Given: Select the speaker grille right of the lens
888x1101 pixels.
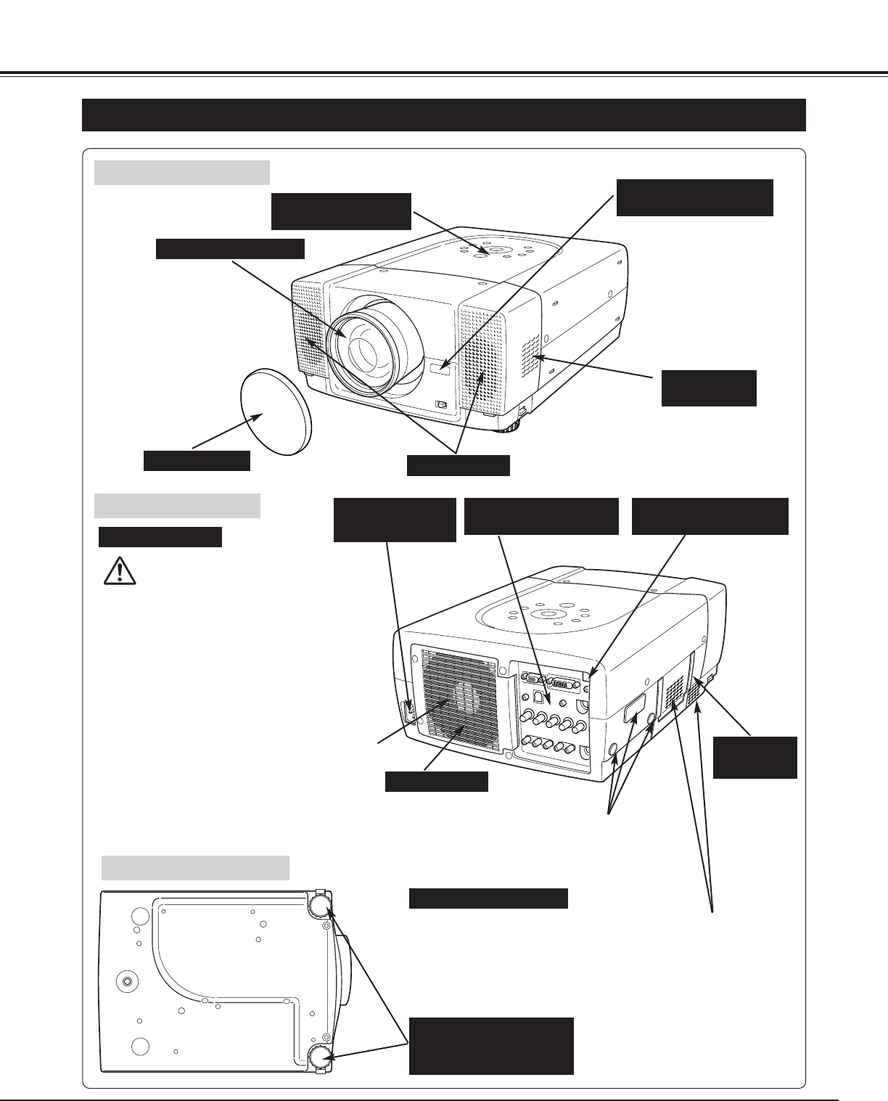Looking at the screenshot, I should (481, 359).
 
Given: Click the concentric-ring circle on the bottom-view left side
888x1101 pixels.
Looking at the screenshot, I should (128, 981).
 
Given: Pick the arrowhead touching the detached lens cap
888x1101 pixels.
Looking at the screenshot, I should (260, 417).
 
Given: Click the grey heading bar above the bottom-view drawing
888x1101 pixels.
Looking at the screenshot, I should (195, 867).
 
